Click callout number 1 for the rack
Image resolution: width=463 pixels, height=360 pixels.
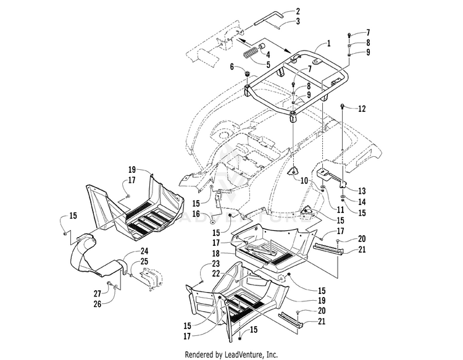click(x=328, y=43)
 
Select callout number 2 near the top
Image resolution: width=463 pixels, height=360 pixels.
click(x=298, y=12)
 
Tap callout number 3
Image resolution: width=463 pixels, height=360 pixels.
click(x=298, y=21)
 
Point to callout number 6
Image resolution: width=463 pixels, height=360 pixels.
click(x=231, y=67)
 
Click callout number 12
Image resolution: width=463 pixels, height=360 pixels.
click(x=362, y=109)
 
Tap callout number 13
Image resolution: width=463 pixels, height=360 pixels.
click(x=362, y=191)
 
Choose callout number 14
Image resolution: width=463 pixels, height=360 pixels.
click(x=362, y=202)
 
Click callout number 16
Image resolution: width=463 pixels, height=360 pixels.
click(x=196, y=214)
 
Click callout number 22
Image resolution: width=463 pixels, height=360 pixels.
click(x=216, y=274)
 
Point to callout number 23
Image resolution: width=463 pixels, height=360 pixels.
click(x=216, y=264)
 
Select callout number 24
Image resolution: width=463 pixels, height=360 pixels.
click(x=144, y=251)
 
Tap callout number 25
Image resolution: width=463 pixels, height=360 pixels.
click(x=144, y=261)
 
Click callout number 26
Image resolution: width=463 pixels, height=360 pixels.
click(x=97, y=304)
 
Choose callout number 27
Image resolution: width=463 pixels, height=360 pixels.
click(x=97, y=293)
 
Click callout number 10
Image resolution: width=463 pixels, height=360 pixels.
click(x=304, y=180)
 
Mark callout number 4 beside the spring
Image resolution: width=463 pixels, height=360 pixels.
click(x=268, y=54)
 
